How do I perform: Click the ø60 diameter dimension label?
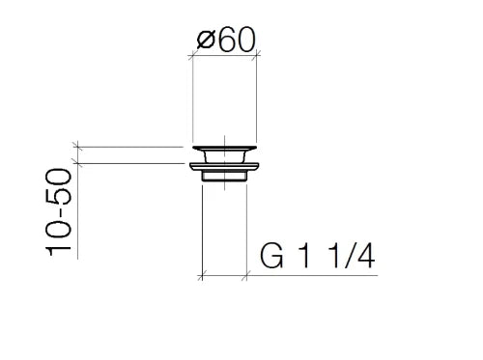(x=226, y=40)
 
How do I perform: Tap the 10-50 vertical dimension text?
(x=58, y=212)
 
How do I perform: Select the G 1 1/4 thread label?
(x=318, y=256)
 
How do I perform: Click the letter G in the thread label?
(x=271, y=256)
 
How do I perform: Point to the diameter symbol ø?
(x=206, y=41)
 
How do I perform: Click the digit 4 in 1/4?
(x=366, y=256)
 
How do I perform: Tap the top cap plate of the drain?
(x=225, y=149)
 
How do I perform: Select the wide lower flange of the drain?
(x=224, y=167)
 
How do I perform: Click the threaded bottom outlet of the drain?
(x=224, y=177)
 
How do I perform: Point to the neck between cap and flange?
(x=224, y=157)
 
